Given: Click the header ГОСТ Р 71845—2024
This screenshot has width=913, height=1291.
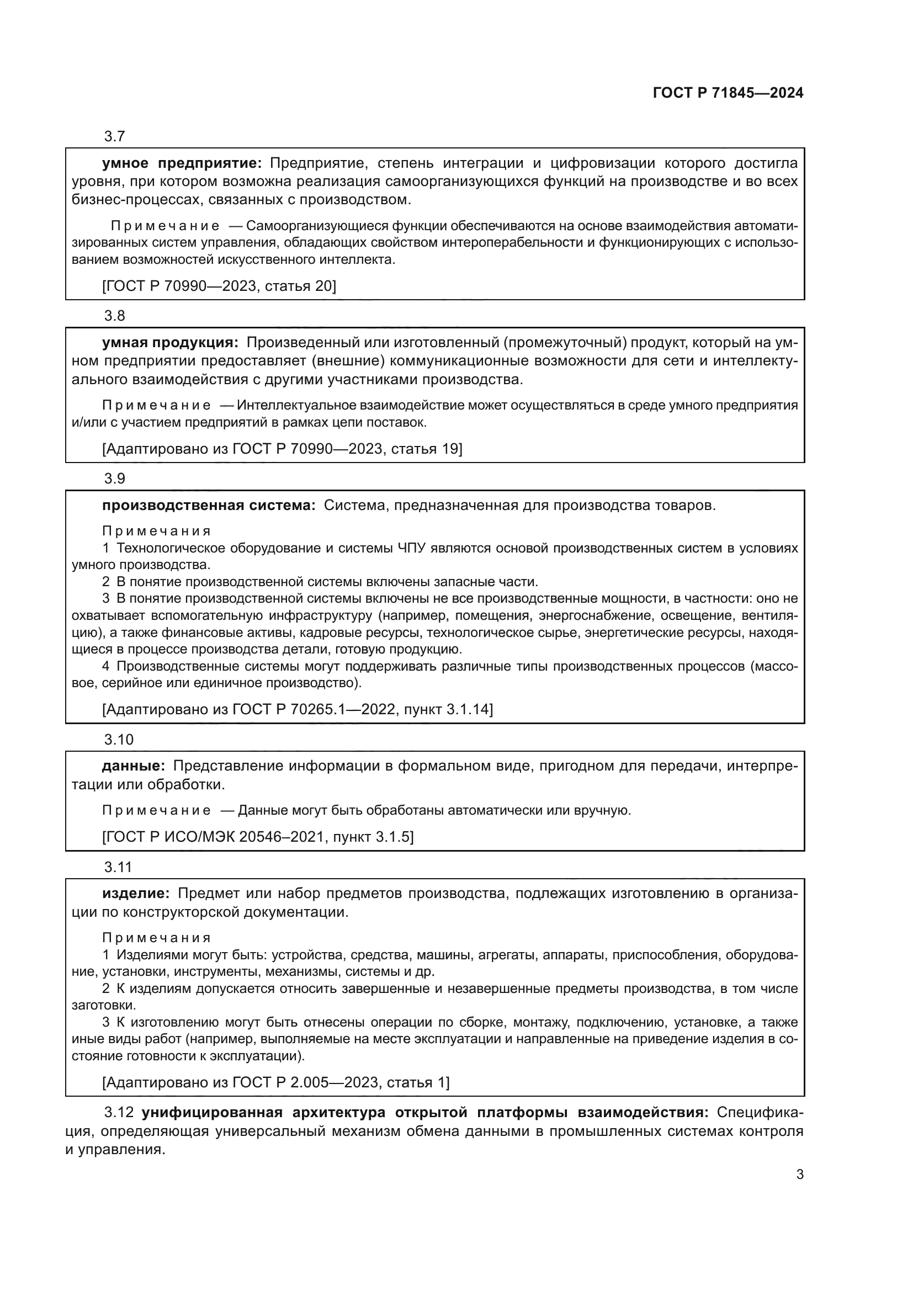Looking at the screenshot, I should [x=728, y=93].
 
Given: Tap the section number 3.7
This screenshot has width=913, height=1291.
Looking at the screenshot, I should [x=115, y=136].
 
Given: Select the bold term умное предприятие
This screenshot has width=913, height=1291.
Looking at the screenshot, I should [x=182, y=163].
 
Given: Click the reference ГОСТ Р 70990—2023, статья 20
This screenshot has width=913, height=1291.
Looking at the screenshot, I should [x=219, y=286].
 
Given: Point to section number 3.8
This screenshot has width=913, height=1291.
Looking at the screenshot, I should [x=115, y=316].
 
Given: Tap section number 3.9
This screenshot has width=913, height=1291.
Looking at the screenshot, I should [x=115, y=479].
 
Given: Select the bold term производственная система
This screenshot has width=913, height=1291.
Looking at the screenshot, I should [x=209, y=506].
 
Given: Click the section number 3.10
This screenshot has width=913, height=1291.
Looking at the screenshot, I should [x=119, y=740].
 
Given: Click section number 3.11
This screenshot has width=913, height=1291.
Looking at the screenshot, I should [x=118, y=867].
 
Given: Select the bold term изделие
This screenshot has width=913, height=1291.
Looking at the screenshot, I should [x=135, y=894].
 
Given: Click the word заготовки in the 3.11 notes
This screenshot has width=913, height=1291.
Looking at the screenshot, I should [x=103, y=1005].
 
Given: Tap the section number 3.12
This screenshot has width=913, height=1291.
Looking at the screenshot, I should [x=119, y=1113].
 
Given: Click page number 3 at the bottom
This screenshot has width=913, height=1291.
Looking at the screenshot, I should [x=799, y=1175].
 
